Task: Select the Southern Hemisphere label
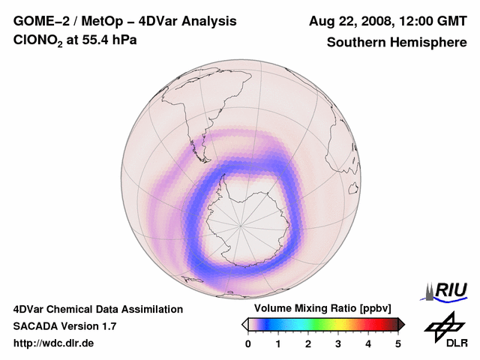point(396,42)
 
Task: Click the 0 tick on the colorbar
point(248,343)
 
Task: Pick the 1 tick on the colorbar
point(278,343)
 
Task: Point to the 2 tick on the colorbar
point(308,343)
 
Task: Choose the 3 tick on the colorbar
point(338,343)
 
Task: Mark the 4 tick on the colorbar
point(368,343)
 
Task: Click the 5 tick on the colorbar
point(398,343)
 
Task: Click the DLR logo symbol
point(442,326)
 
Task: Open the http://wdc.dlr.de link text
point(53,343)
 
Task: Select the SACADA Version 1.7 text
point(64,326)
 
